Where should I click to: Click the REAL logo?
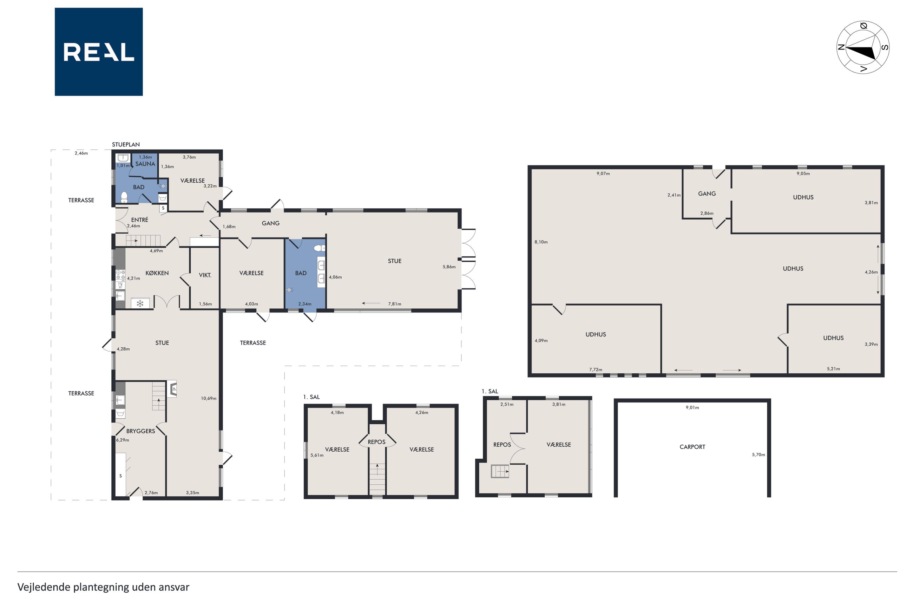coord(99,52)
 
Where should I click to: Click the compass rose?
coord(862,47)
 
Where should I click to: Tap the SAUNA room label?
coord(145,164)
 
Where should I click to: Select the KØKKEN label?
coord(157,273)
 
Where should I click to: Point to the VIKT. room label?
coord(205,275)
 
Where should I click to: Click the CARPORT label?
coord(692,447)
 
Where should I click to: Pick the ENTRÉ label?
coord(139,220)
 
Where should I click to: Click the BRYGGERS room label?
coord(140,431)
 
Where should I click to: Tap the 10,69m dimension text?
coord(209,399)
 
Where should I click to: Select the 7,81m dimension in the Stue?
coord(395,304)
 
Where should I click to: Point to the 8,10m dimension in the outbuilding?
coord(541,242)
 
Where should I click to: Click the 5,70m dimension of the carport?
coord(758,455)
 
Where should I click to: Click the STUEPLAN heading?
coord(126,144)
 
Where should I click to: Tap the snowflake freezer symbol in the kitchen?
coord(140,303)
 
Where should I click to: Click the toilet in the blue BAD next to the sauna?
coord(124,197)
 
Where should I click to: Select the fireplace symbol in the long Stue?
coord(172,388)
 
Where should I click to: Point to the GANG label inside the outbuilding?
coord(707,194)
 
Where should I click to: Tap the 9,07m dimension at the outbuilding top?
coord(603,173)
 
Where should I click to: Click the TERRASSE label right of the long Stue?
coord(253,343)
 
